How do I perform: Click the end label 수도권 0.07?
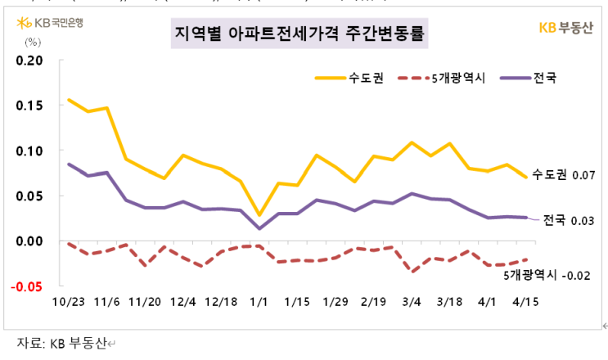(561, 174)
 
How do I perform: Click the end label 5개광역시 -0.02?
(547, 275)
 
